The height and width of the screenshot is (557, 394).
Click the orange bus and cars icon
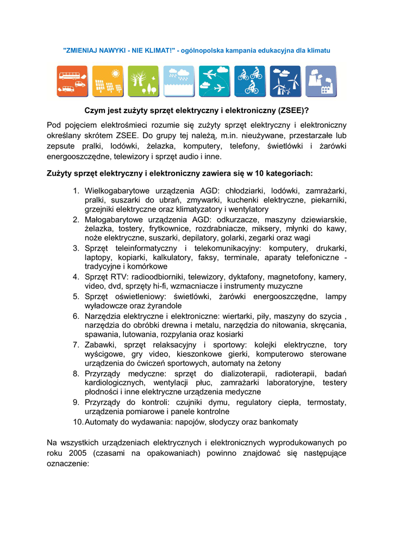[x=72, y=81]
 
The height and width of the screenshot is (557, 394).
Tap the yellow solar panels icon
[x=108, y=81]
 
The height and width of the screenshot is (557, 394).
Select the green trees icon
[x=143, y=81]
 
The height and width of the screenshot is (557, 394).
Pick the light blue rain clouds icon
[x=179, y=81]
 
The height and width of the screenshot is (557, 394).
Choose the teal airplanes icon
[x=214, y=81]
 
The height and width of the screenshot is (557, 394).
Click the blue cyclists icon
[x=250, y=81]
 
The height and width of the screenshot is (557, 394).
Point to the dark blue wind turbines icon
[x=285, y=81]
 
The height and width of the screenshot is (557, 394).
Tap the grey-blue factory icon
[x=321, y=81]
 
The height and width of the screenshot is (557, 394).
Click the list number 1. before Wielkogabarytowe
[x=77, y=191]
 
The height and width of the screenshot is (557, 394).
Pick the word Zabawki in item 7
[x=99, y=345]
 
